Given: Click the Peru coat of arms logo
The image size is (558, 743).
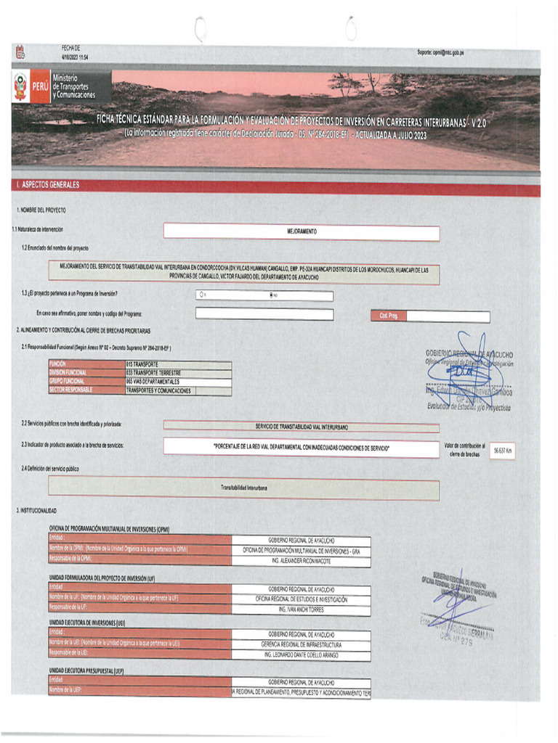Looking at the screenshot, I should [20, 87].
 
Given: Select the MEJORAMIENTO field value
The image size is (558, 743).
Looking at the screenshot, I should [302, 233].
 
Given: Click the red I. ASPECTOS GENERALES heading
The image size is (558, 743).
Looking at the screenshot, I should [48, 185].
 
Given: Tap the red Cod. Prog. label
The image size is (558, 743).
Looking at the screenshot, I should [388, 316].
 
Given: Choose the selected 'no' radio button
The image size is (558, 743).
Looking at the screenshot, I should [272, 295].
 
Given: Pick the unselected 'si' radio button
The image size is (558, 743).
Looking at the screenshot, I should [201, 295].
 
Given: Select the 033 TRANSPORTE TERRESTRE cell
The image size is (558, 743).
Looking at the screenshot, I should [178, 373].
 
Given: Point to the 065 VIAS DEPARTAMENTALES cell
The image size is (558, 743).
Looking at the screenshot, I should [178, 382].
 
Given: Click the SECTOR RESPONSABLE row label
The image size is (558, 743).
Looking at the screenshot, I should [86, 390].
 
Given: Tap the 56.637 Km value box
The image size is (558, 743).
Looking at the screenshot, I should [503, 451].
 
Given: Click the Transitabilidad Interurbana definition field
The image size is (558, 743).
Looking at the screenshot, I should [243, 488].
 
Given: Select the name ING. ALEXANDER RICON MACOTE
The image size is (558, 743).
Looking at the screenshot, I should [301, 559].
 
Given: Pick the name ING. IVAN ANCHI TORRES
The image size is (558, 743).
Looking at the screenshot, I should [301, 609].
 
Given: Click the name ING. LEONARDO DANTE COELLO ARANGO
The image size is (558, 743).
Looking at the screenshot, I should [301, 654].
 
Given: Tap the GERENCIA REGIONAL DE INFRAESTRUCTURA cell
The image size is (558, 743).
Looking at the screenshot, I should [301, 644].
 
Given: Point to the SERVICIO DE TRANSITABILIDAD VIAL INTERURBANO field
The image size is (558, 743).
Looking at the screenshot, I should [302, 426].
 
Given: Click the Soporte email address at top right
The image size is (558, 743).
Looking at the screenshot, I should [440, 52].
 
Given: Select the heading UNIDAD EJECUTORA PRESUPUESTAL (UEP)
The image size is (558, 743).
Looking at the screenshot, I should [86, 671].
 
